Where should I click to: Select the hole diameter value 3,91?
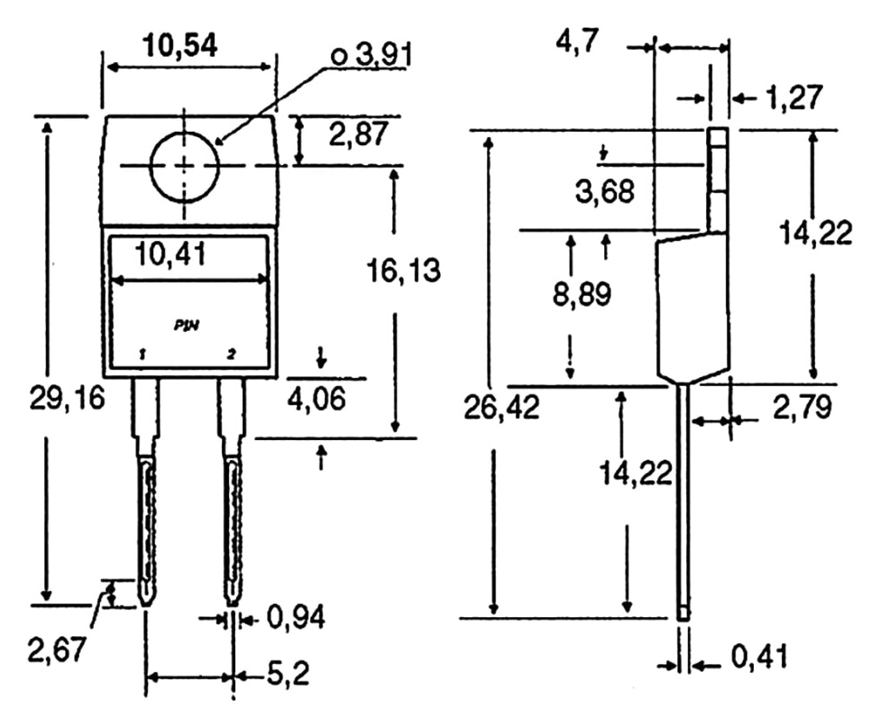372,56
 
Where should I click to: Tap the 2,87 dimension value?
358,135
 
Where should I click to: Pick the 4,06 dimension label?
316,398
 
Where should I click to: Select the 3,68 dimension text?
603,191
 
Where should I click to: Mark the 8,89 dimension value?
582,295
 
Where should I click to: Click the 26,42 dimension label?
502,408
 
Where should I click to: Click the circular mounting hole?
185,165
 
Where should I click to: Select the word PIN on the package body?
187,323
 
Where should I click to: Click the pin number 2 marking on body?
232,355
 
